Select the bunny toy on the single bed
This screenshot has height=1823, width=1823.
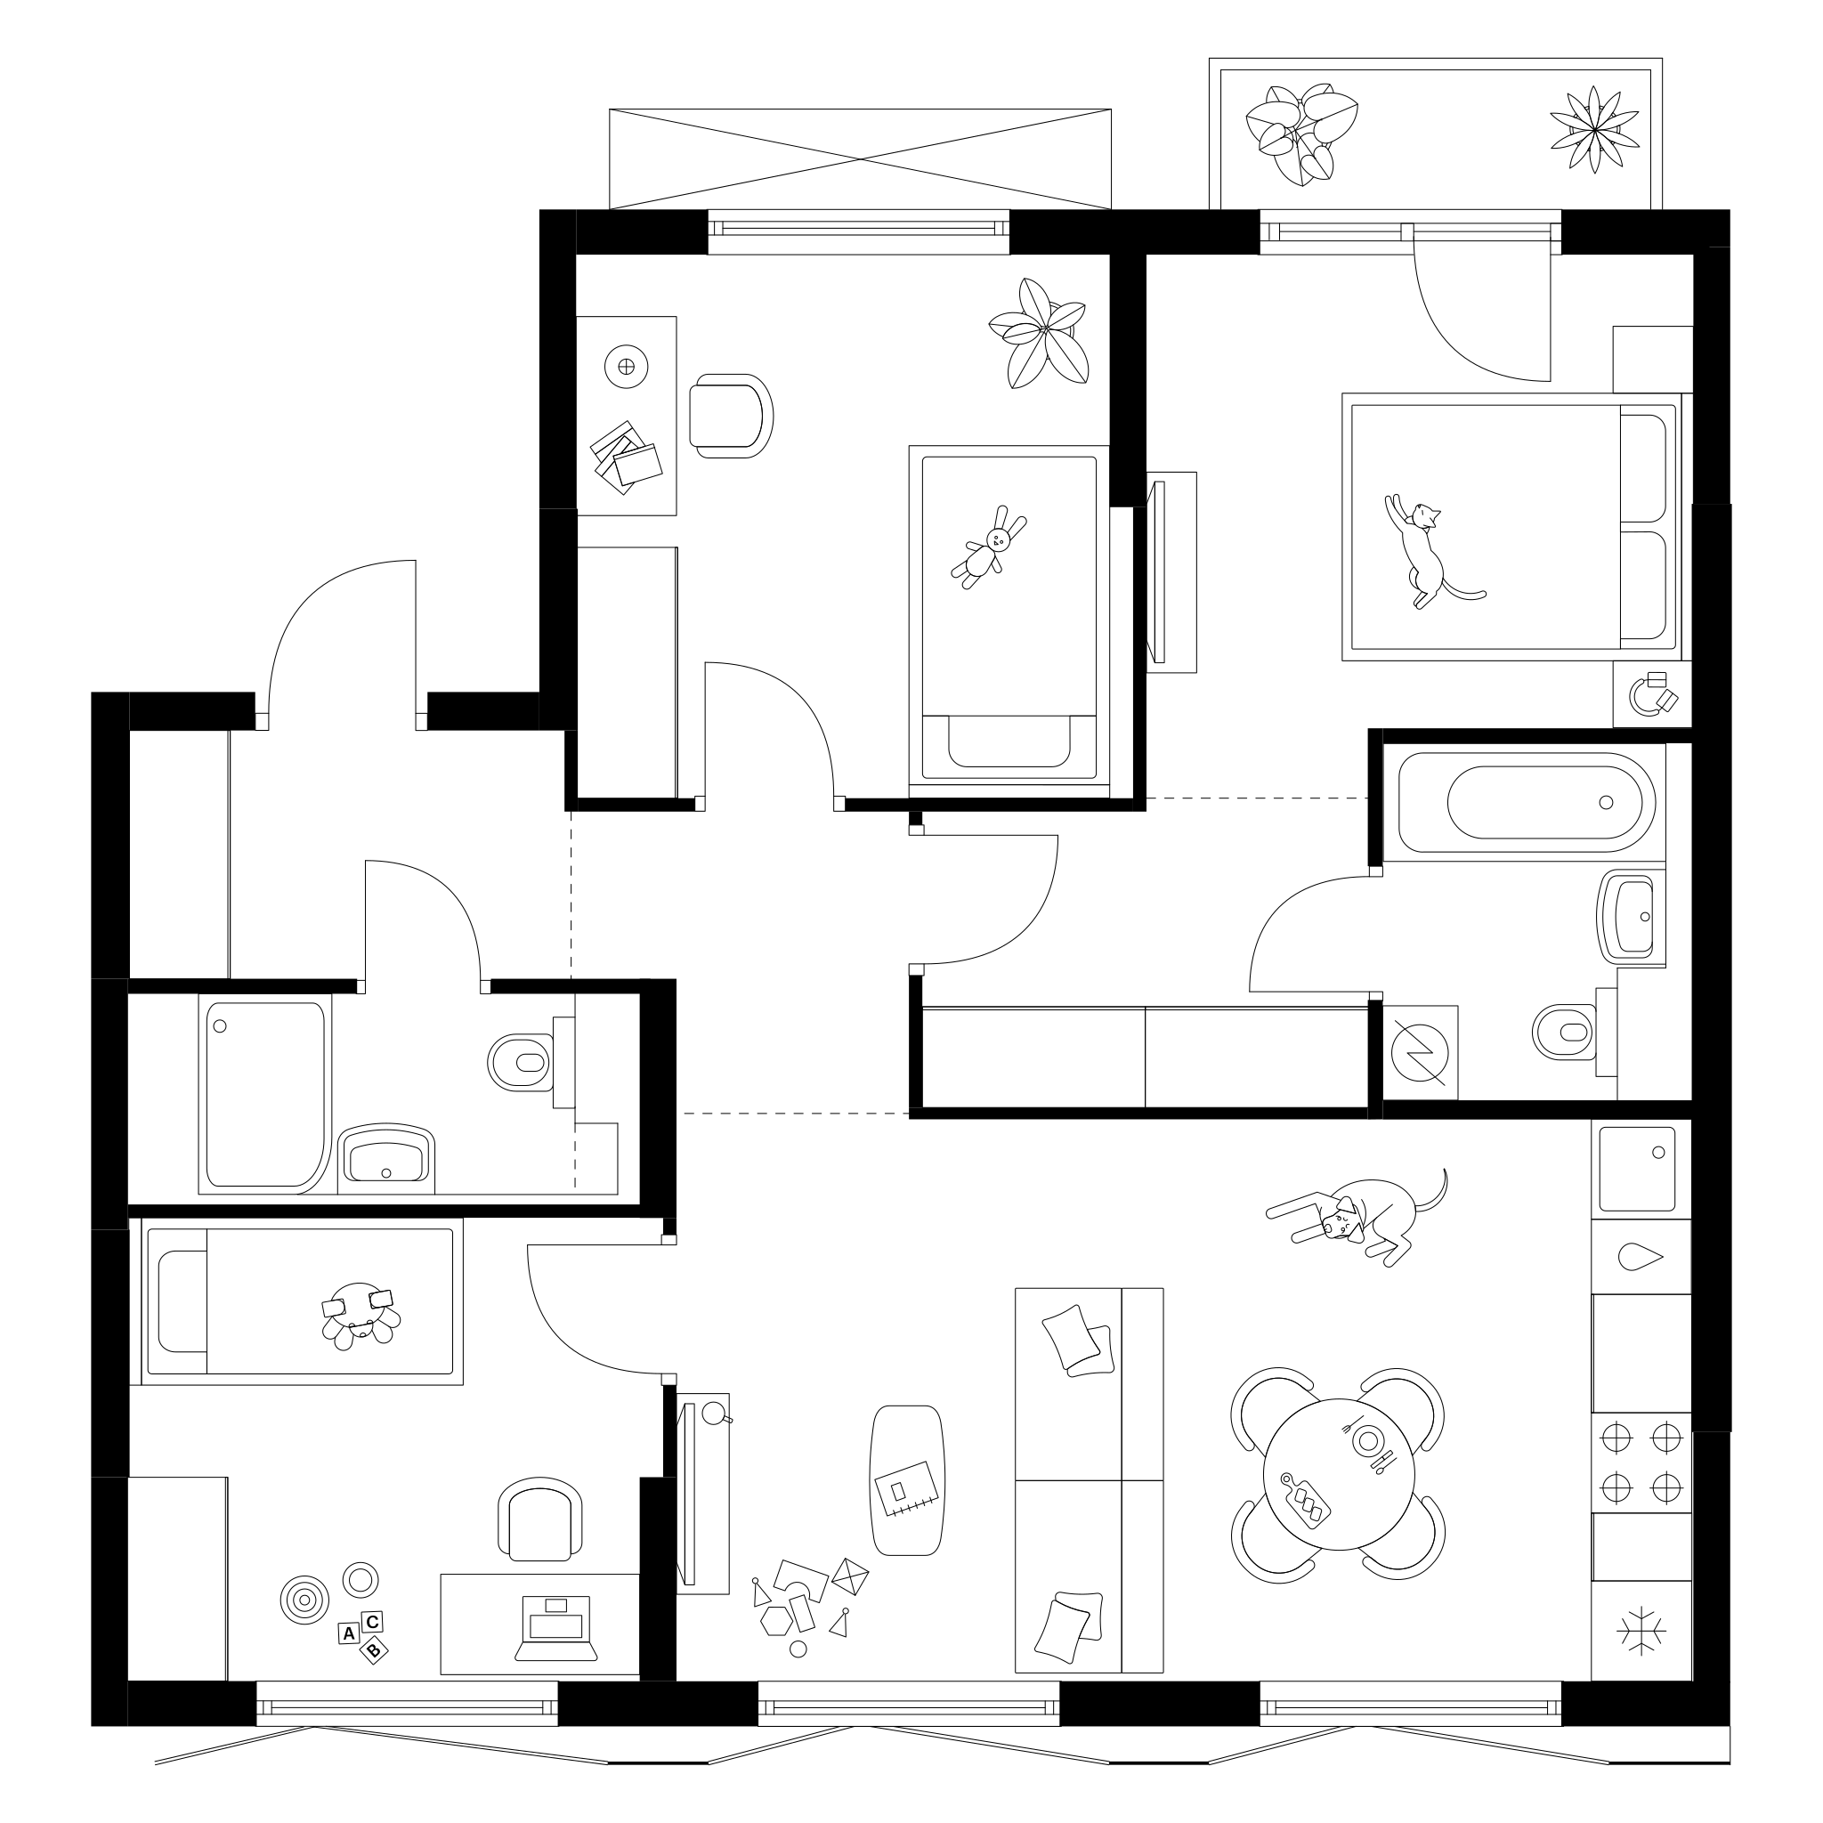(x=989, y=547)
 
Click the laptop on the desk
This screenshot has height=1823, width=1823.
(x=555, y=1628)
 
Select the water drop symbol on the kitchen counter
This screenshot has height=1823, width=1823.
(x=1641, y=1257)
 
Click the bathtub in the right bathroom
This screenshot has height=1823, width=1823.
(x=1527, y=803)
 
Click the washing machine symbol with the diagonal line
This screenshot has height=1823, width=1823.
(x=1421, y=1053)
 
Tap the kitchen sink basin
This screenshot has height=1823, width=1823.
(x=1635, y=1168)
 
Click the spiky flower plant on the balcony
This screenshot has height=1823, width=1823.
(x=1593, y=129)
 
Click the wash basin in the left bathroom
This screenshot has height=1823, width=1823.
(x=386, y=1158)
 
